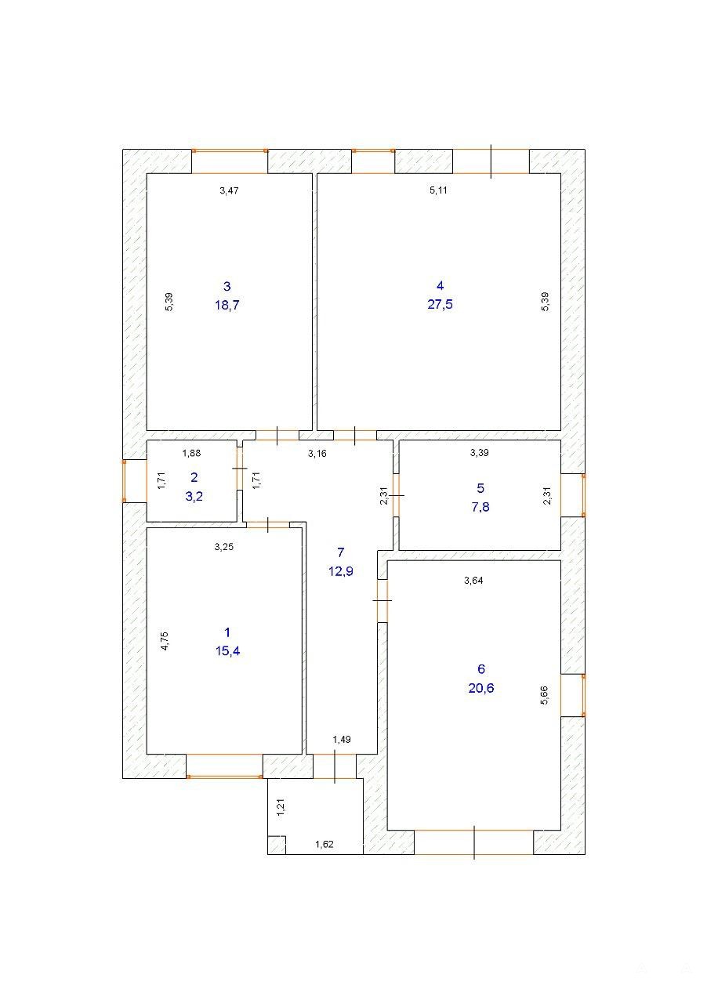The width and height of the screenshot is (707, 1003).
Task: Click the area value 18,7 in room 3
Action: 227,305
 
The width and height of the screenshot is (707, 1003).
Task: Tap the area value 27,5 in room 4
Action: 440,304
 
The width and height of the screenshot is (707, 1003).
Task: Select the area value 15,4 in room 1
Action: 227,650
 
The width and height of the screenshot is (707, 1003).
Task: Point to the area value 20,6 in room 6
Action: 481,688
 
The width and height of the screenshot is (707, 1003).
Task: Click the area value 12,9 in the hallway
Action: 341,571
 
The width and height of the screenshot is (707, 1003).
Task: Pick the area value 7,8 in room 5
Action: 480,507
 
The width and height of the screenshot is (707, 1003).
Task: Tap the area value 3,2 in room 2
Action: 194,496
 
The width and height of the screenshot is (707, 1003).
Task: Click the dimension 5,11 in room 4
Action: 438,190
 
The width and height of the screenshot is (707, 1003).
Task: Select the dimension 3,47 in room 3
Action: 229,190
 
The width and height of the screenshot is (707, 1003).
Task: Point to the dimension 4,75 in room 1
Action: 165,641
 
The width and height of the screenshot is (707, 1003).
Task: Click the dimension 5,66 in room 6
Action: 545,695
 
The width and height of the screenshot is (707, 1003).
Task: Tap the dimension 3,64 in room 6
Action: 473,581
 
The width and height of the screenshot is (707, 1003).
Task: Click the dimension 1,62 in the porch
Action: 324,845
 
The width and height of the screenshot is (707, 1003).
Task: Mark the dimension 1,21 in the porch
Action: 281,807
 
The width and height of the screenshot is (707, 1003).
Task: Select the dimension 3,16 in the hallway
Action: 317,454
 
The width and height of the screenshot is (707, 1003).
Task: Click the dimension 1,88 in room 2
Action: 191,453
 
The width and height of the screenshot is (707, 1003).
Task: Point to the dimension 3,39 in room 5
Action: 480,453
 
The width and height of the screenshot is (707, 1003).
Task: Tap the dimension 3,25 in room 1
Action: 224,547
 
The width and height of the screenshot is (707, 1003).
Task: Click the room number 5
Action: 480,488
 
